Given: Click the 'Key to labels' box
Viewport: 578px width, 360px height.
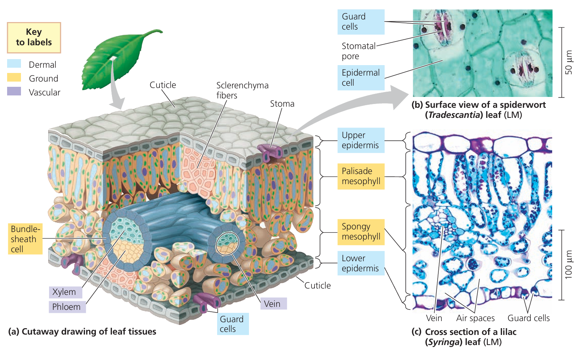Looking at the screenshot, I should click(x=34, y=37).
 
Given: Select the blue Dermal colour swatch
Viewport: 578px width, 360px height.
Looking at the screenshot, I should click(x=14, y=64).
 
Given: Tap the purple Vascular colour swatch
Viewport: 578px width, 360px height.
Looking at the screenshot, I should click(x=14, y=91).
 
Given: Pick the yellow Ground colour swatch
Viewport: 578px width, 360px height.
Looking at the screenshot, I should click(x=14, y=77).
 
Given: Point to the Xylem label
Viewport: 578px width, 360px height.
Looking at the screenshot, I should click(x=64, y=292).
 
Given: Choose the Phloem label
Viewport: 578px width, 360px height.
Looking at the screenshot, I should click(x=67, y=307).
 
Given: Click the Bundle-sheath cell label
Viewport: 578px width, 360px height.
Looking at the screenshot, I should click(x=25, y=239).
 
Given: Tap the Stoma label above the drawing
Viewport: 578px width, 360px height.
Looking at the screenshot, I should click(x=282, y=104).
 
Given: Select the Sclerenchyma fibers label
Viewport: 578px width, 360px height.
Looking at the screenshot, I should click(x=242, y=90).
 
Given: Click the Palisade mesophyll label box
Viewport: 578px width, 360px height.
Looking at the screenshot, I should click(x=361, y=176).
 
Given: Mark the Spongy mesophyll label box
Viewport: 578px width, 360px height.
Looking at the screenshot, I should click(x=361, y=232).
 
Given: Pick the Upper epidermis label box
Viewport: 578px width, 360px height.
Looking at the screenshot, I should click(x=361, y=140).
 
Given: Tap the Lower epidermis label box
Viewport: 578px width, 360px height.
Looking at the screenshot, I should click(x=361, y=263).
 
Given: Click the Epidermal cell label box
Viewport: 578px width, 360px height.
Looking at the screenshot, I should click(x=361, y=77).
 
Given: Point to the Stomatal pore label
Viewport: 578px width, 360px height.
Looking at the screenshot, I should click(x=358, y=51).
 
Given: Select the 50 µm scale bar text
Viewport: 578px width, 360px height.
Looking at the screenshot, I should click(x=568, y=62).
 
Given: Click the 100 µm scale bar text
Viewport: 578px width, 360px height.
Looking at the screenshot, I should click(x=568, y=265).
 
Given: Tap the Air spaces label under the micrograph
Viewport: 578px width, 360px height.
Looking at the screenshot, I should click(x=475, y=318).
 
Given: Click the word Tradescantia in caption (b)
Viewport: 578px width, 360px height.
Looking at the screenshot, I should click(x=453, y=115).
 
